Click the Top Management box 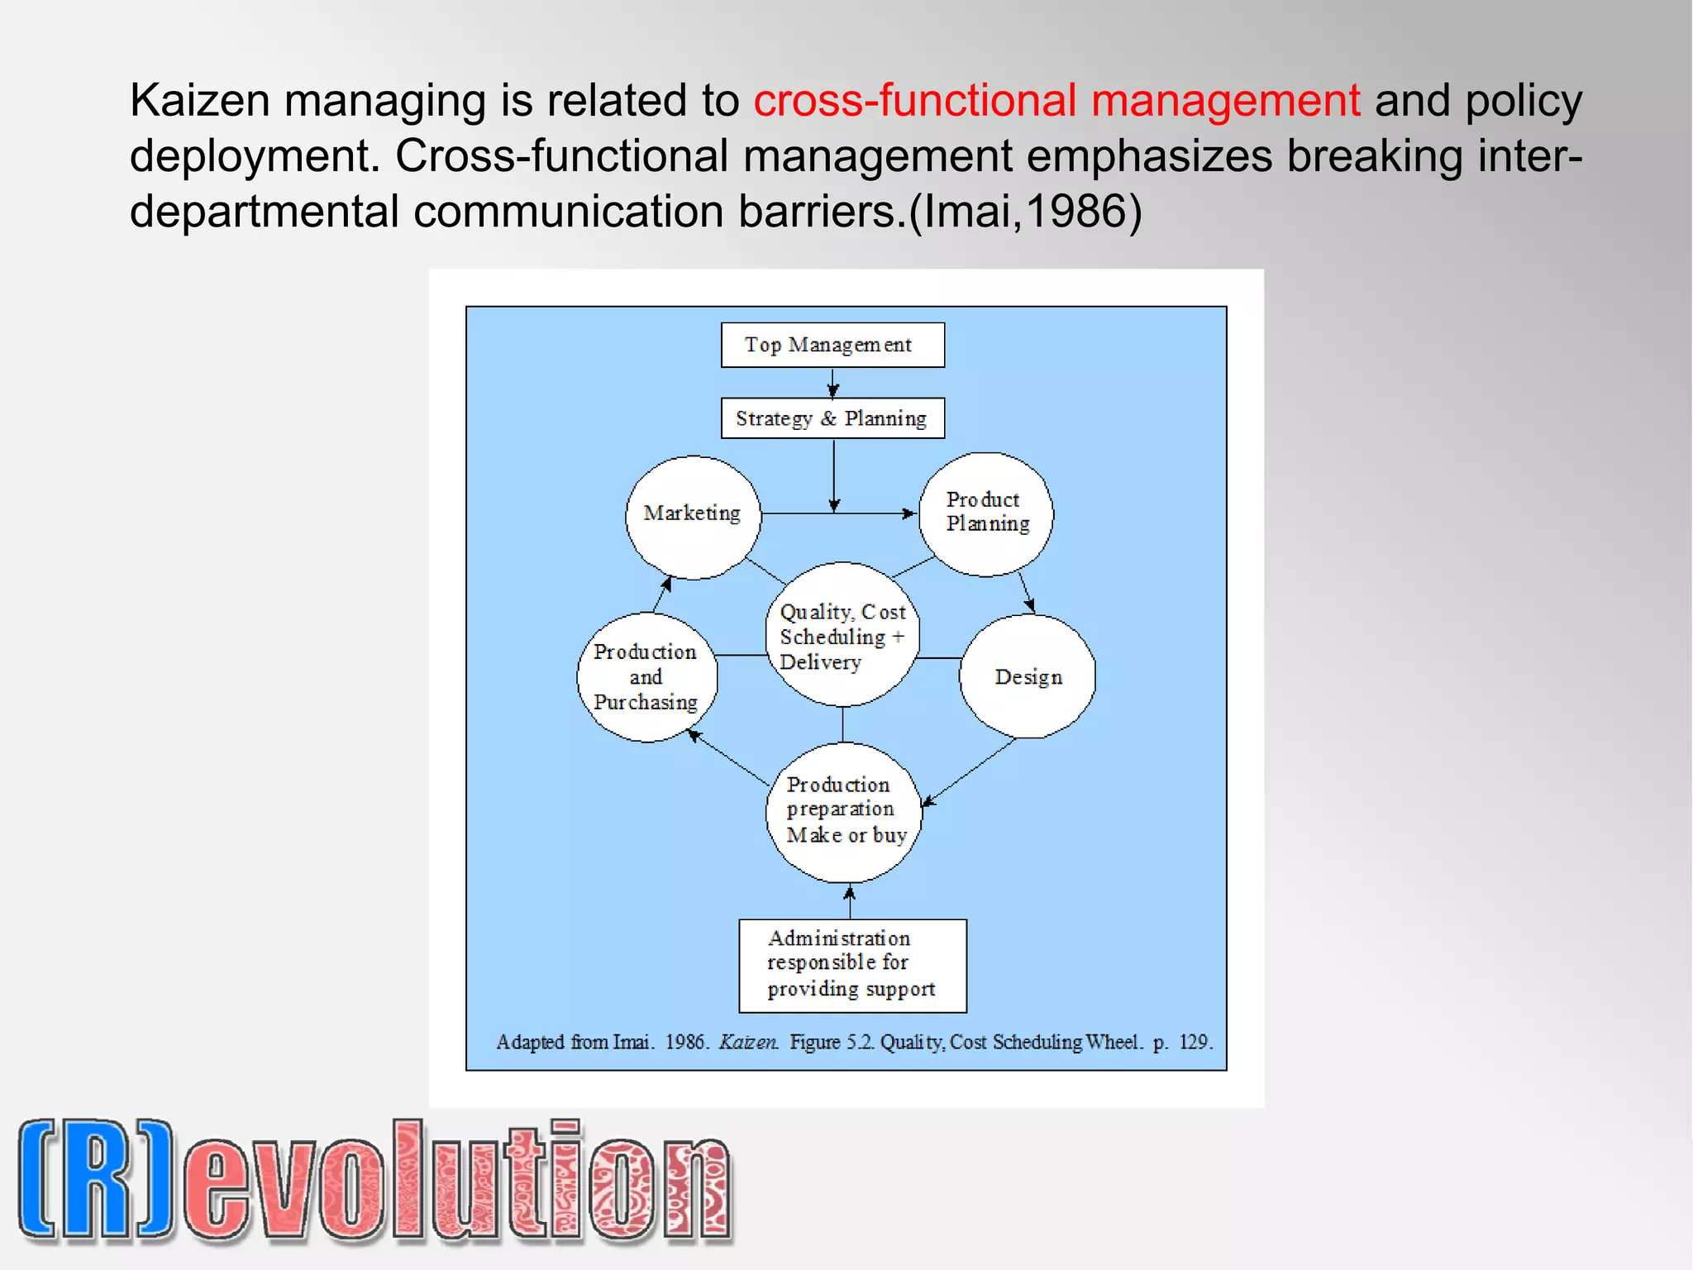832,345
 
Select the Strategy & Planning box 832,418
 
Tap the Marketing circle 693,517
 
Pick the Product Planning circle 986,513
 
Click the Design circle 1028,676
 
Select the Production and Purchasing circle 646,677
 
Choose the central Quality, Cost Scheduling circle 842,635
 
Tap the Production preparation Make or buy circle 843,811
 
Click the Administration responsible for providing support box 852,965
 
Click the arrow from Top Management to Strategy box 833,383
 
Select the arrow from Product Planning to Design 1026,592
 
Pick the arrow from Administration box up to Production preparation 850,901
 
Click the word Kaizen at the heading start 199,101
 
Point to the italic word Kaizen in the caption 748,1042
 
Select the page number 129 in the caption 1195,1042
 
